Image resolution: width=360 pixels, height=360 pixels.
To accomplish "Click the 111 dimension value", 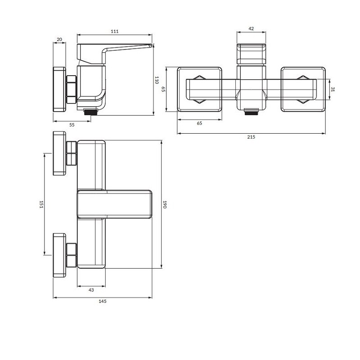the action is pyautogui.click(x=115, y=31).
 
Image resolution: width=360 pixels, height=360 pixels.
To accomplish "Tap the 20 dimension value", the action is pyautogui.click(x=59, y=40).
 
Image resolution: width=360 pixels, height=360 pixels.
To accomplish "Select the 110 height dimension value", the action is pyautogui.click(x=157, y=80).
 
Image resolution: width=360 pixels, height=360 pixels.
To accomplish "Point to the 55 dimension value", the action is pyautogui.click(x=72, y=125).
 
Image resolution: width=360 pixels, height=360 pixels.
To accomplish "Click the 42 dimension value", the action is pyautogui.click(x=251, y=28).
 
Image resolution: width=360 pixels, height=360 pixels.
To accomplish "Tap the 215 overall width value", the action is pyautogui.click(x=251, y=137).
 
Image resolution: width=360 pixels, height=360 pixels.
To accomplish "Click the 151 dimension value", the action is pyautogui.click(x=41, y=204).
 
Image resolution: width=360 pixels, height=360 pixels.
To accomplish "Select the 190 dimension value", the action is pyautogui.click(x=164, y=204).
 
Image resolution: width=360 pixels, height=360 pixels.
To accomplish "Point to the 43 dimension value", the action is pyautogui.click(x=91, y=290).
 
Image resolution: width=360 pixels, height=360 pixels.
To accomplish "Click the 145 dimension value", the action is pyautogui.click(x=103, y=301).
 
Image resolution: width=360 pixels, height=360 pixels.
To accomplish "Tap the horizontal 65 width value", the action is pyautogui.click(x=199, y=123).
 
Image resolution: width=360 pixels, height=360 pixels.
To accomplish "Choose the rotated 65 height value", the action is pyautogui.click(x=163, y=89).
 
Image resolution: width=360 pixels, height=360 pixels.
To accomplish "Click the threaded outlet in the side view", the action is pyautogui.click(x=91, y=112).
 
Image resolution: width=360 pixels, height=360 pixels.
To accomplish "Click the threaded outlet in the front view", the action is pyautogui.click(x=251, y=112).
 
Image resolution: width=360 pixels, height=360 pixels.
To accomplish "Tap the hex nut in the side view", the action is pyautogui.click(x=72, y=90).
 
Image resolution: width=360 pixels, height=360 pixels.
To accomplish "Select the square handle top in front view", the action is pyautogui.click(x=251, y=54).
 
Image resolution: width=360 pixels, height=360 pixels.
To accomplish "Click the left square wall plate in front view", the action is pyautogui.click(x=199, y=89).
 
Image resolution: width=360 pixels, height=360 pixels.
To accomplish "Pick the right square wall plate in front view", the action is pyautogui.click(x=303, y=89).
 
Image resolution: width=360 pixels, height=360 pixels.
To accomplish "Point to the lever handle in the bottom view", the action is pyautogui.click(x=115, y=204).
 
